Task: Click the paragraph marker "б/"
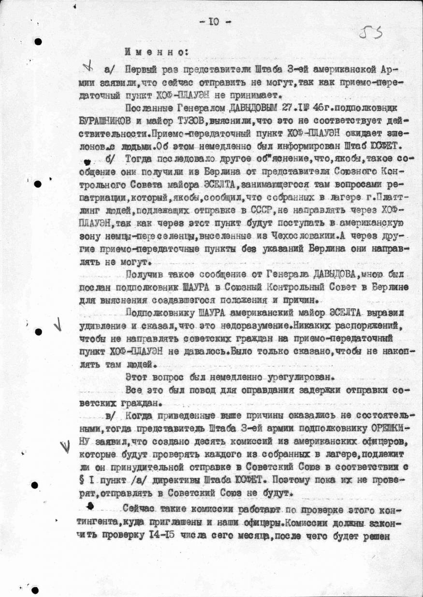(x=105, y=158)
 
